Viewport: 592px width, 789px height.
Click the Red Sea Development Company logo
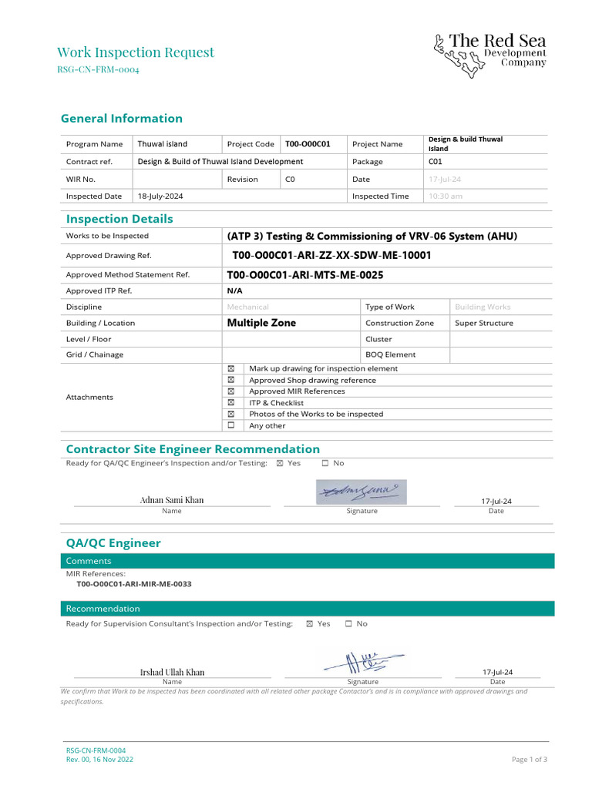[x=489, y=55]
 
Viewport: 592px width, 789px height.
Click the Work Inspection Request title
[x=136, y=52]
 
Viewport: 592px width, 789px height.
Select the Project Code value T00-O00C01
[x=308, y=144]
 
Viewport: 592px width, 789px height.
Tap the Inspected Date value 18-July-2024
[x=160, y=196]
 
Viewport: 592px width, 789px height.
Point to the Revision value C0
[x=290, y=180]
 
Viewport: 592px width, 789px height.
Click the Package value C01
[x=436, y=162]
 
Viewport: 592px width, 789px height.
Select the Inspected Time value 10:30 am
[x=446, y=196]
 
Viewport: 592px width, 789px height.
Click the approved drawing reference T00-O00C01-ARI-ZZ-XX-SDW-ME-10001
[x=331, y=255]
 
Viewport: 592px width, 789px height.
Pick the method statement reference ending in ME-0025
[x=305, y=274]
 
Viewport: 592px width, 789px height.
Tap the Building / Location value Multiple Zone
[x=261, y=323]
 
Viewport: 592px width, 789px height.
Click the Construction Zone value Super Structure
[x=484, y=323]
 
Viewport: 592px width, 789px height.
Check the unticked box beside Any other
[x=230, y=425]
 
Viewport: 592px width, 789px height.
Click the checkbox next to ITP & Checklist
[x=230, y=402]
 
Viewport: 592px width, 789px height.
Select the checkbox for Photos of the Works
[x=230, y=414]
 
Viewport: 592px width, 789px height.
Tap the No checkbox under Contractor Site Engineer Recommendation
[x=325, y=463]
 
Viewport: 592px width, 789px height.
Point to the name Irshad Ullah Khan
[x=172, y=672]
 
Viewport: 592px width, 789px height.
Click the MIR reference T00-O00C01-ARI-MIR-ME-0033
[x=134, y=584]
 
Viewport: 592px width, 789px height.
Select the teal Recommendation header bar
[x=307, y=609]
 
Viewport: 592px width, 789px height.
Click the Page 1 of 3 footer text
[x=530, y=759]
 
